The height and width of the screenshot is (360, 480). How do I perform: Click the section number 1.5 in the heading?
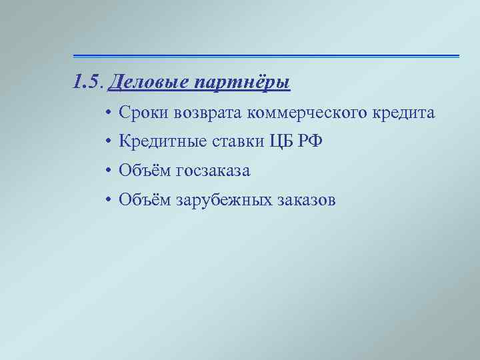(87, 82)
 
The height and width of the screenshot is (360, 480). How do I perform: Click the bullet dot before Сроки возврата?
(108, 114)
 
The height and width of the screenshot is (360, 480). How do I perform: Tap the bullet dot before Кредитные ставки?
(108, 142)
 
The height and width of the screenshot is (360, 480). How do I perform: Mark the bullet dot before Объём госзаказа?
(108, 171)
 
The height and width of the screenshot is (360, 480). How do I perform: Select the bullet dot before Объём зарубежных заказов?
(108, 200)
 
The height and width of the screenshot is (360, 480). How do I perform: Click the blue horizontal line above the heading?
(266, 55)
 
